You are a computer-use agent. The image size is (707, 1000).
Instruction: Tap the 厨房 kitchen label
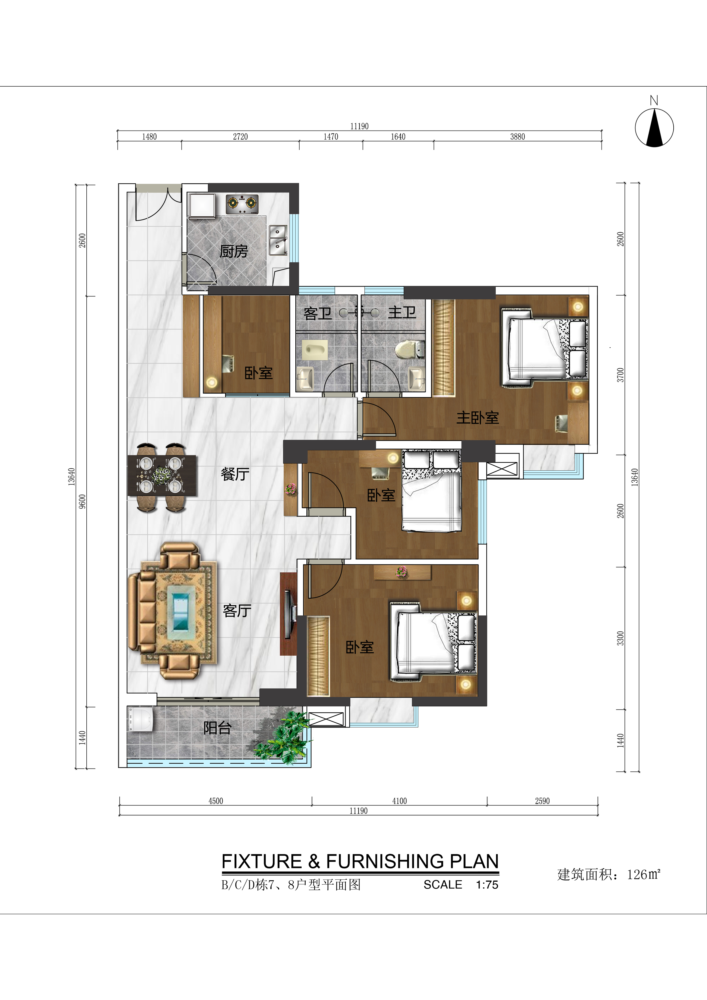click(x=233, y=251)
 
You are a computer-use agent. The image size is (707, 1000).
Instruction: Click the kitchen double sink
click(x=278, y=240)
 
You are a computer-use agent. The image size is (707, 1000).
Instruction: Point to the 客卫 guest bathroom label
click(x=318, y=313)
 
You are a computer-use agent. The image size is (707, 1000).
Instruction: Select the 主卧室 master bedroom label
click(x=478, y=417)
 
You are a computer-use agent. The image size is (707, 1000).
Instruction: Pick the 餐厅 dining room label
click(x=235, y=474)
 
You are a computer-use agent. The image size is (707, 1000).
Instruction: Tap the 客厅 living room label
click(x=237, y=611)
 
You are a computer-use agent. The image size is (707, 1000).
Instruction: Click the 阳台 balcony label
click(x=217, y=727)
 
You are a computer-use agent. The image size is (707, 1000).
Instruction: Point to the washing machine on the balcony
click(x=140, y=719)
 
